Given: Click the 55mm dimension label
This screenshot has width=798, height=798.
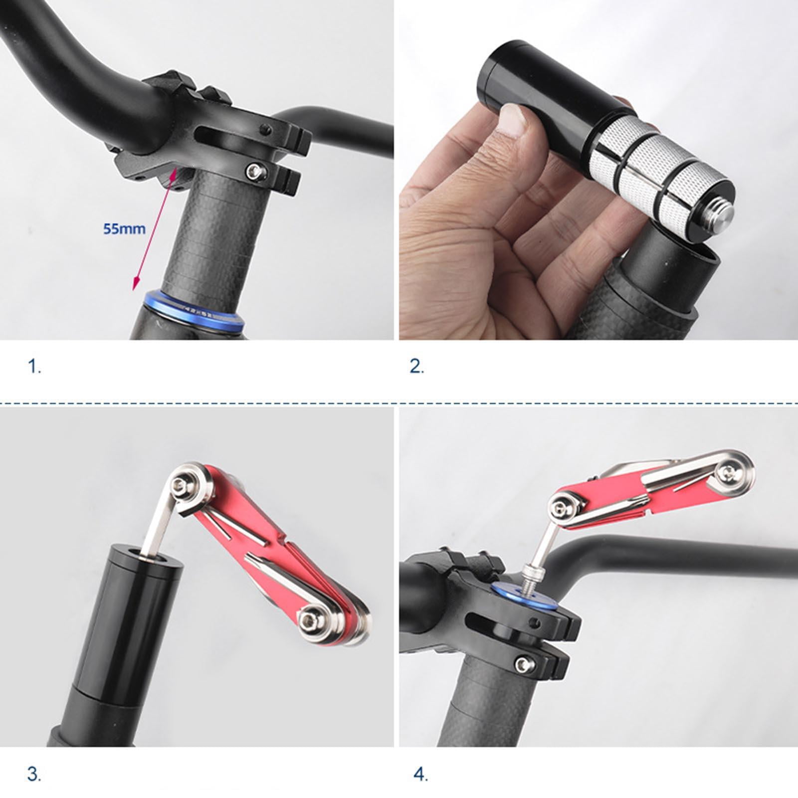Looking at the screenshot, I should [124, 229].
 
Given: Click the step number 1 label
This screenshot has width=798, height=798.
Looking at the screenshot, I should [34, 367].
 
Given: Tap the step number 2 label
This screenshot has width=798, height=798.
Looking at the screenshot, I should [416, 367].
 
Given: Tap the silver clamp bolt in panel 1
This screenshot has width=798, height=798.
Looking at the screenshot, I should [255, 172].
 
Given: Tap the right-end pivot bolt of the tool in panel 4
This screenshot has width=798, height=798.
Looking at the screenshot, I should [730, 471].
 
